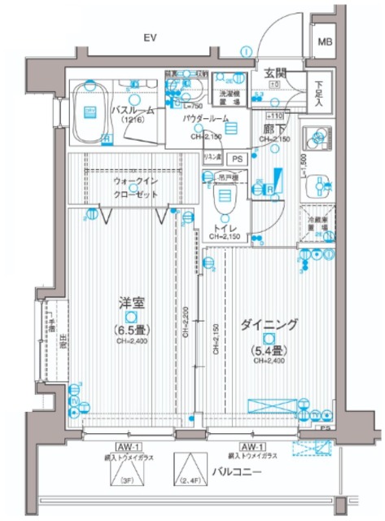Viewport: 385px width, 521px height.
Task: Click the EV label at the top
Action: pos(150,38)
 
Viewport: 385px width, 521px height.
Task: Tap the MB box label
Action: pos(325,43)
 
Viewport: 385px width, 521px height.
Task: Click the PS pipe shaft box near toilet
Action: pos(237,159)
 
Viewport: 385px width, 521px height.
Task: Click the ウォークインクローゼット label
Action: pos(137,190)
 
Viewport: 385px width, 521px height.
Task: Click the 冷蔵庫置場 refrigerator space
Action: pos(319,225)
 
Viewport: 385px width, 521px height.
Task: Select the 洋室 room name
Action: pos(126,303)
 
